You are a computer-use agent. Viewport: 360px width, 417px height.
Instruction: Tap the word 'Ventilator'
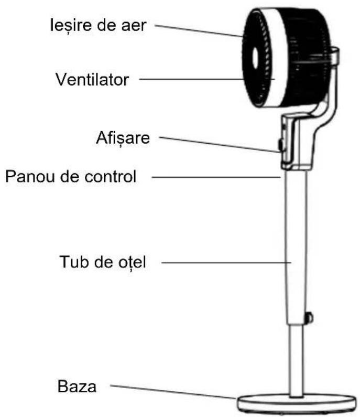click(x=92, y=80)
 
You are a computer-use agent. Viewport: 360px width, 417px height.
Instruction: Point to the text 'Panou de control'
click(x=70, y=176)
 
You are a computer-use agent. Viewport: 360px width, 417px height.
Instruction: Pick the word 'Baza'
click(x=77, y=387)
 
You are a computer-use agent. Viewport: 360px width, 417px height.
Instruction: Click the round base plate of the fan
click(x=296, y=404)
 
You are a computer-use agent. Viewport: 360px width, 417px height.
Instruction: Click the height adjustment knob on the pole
click(x=309, y=317)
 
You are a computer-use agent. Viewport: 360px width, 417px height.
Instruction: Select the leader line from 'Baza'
click(x=173, y=392)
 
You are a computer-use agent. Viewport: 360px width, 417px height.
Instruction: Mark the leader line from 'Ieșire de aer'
click(x=199, y=30)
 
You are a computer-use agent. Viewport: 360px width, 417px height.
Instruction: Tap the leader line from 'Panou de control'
click(x=215, y=177)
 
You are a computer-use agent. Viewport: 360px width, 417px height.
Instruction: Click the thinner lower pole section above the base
click(x=296, y=362)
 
